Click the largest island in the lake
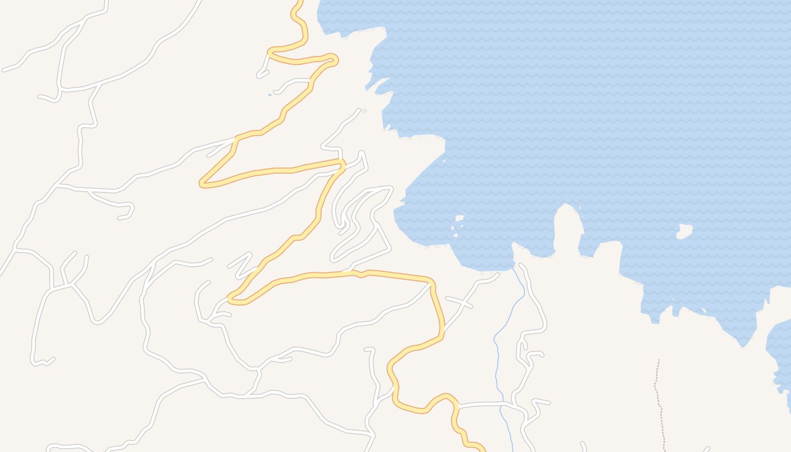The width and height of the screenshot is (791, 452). click(685, 231)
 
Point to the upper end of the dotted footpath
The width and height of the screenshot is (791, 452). click(658, 360)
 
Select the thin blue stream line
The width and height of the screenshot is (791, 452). click(497, 362)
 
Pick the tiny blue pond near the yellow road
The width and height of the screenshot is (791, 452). click(270, 94)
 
